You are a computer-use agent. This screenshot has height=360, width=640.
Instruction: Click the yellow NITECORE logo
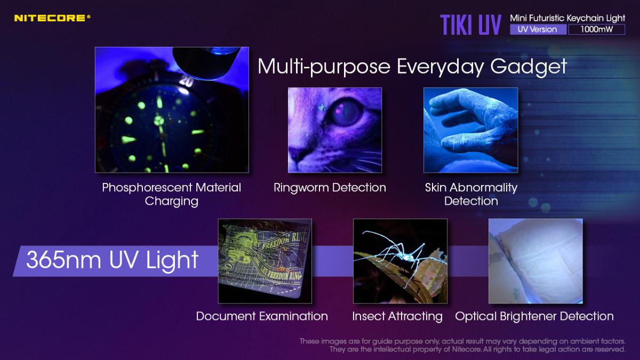click(52, 18)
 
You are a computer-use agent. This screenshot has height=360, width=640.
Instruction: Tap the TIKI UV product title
click(470, 25)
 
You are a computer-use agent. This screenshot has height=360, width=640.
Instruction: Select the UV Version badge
click(538, 29)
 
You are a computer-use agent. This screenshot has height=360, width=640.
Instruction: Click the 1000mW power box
click(597, 29)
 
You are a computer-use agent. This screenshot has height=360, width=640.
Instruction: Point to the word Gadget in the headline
click(529, 67)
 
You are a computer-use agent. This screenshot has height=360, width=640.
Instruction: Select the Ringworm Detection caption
click(330, 188)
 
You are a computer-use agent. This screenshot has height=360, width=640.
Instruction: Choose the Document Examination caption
click(262, 316)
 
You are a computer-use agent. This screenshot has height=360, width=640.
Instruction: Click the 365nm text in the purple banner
click(63, 260)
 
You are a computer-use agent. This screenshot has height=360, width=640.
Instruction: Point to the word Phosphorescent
click(147, 188)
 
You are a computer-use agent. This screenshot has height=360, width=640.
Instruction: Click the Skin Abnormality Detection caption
click(471, 194)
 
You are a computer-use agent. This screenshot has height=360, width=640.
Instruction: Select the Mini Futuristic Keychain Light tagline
click(567, 18)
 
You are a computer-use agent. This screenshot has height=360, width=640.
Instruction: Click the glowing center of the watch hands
click(159, 121)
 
